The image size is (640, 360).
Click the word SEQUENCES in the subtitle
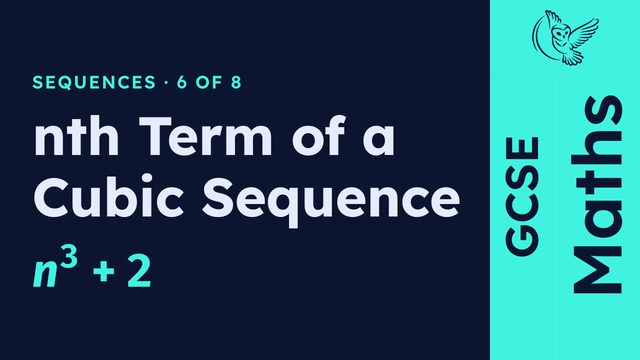(94, 82)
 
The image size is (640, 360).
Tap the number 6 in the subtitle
(182, 82)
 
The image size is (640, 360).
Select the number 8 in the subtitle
(236, 82)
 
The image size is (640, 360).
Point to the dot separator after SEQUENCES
(166, 83)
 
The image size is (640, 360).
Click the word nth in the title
(76, 136)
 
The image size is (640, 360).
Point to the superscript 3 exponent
(68, 259)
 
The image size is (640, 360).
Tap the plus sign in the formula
(104, 273)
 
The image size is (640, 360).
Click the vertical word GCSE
(522, 196)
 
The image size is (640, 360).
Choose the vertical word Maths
(597, 194)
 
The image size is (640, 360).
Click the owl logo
(565, 38)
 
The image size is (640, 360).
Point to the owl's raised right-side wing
(584, 32)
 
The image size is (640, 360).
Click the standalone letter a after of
(379, 140)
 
